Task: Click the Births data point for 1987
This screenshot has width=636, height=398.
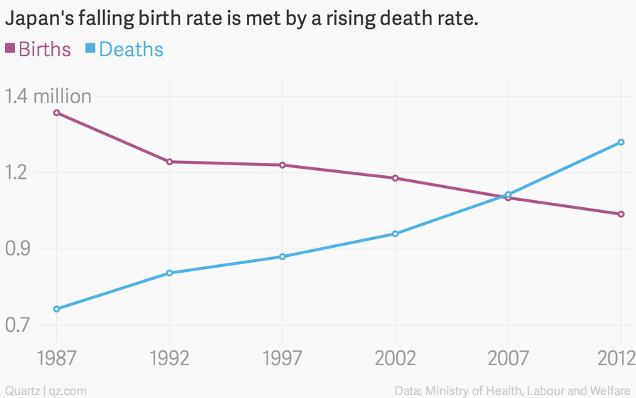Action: tap(56, 112)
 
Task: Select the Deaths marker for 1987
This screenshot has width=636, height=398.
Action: tap(56, 309)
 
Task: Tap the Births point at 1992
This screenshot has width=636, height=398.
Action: tap(169, 162)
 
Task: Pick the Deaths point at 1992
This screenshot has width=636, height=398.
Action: tap(169, 273)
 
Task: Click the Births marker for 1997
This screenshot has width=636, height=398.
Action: tap(282, 165)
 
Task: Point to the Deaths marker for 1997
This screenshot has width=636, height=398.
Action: tap(282, 256)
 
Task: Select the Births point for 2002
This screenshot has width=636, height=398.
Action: tap(395, 178)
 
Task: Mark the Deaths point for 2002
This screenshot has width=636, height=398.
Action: tap(395, 234)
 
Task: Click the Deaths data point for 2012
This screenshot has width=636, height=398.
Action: tap(621, 142)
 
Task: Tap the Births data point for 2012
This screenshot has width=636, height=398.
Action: tap(621, 214)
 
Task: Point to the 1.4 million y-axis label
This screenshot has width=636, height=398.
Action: tap(48, 96)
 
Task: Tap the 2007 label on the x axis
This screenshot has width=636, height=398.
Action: tap(508, 357)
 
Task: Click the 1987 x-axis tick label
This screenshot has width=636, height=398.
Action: tap(56, 357)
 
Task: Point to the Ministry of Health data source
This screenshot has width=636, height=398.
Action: tap(512, 390)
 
